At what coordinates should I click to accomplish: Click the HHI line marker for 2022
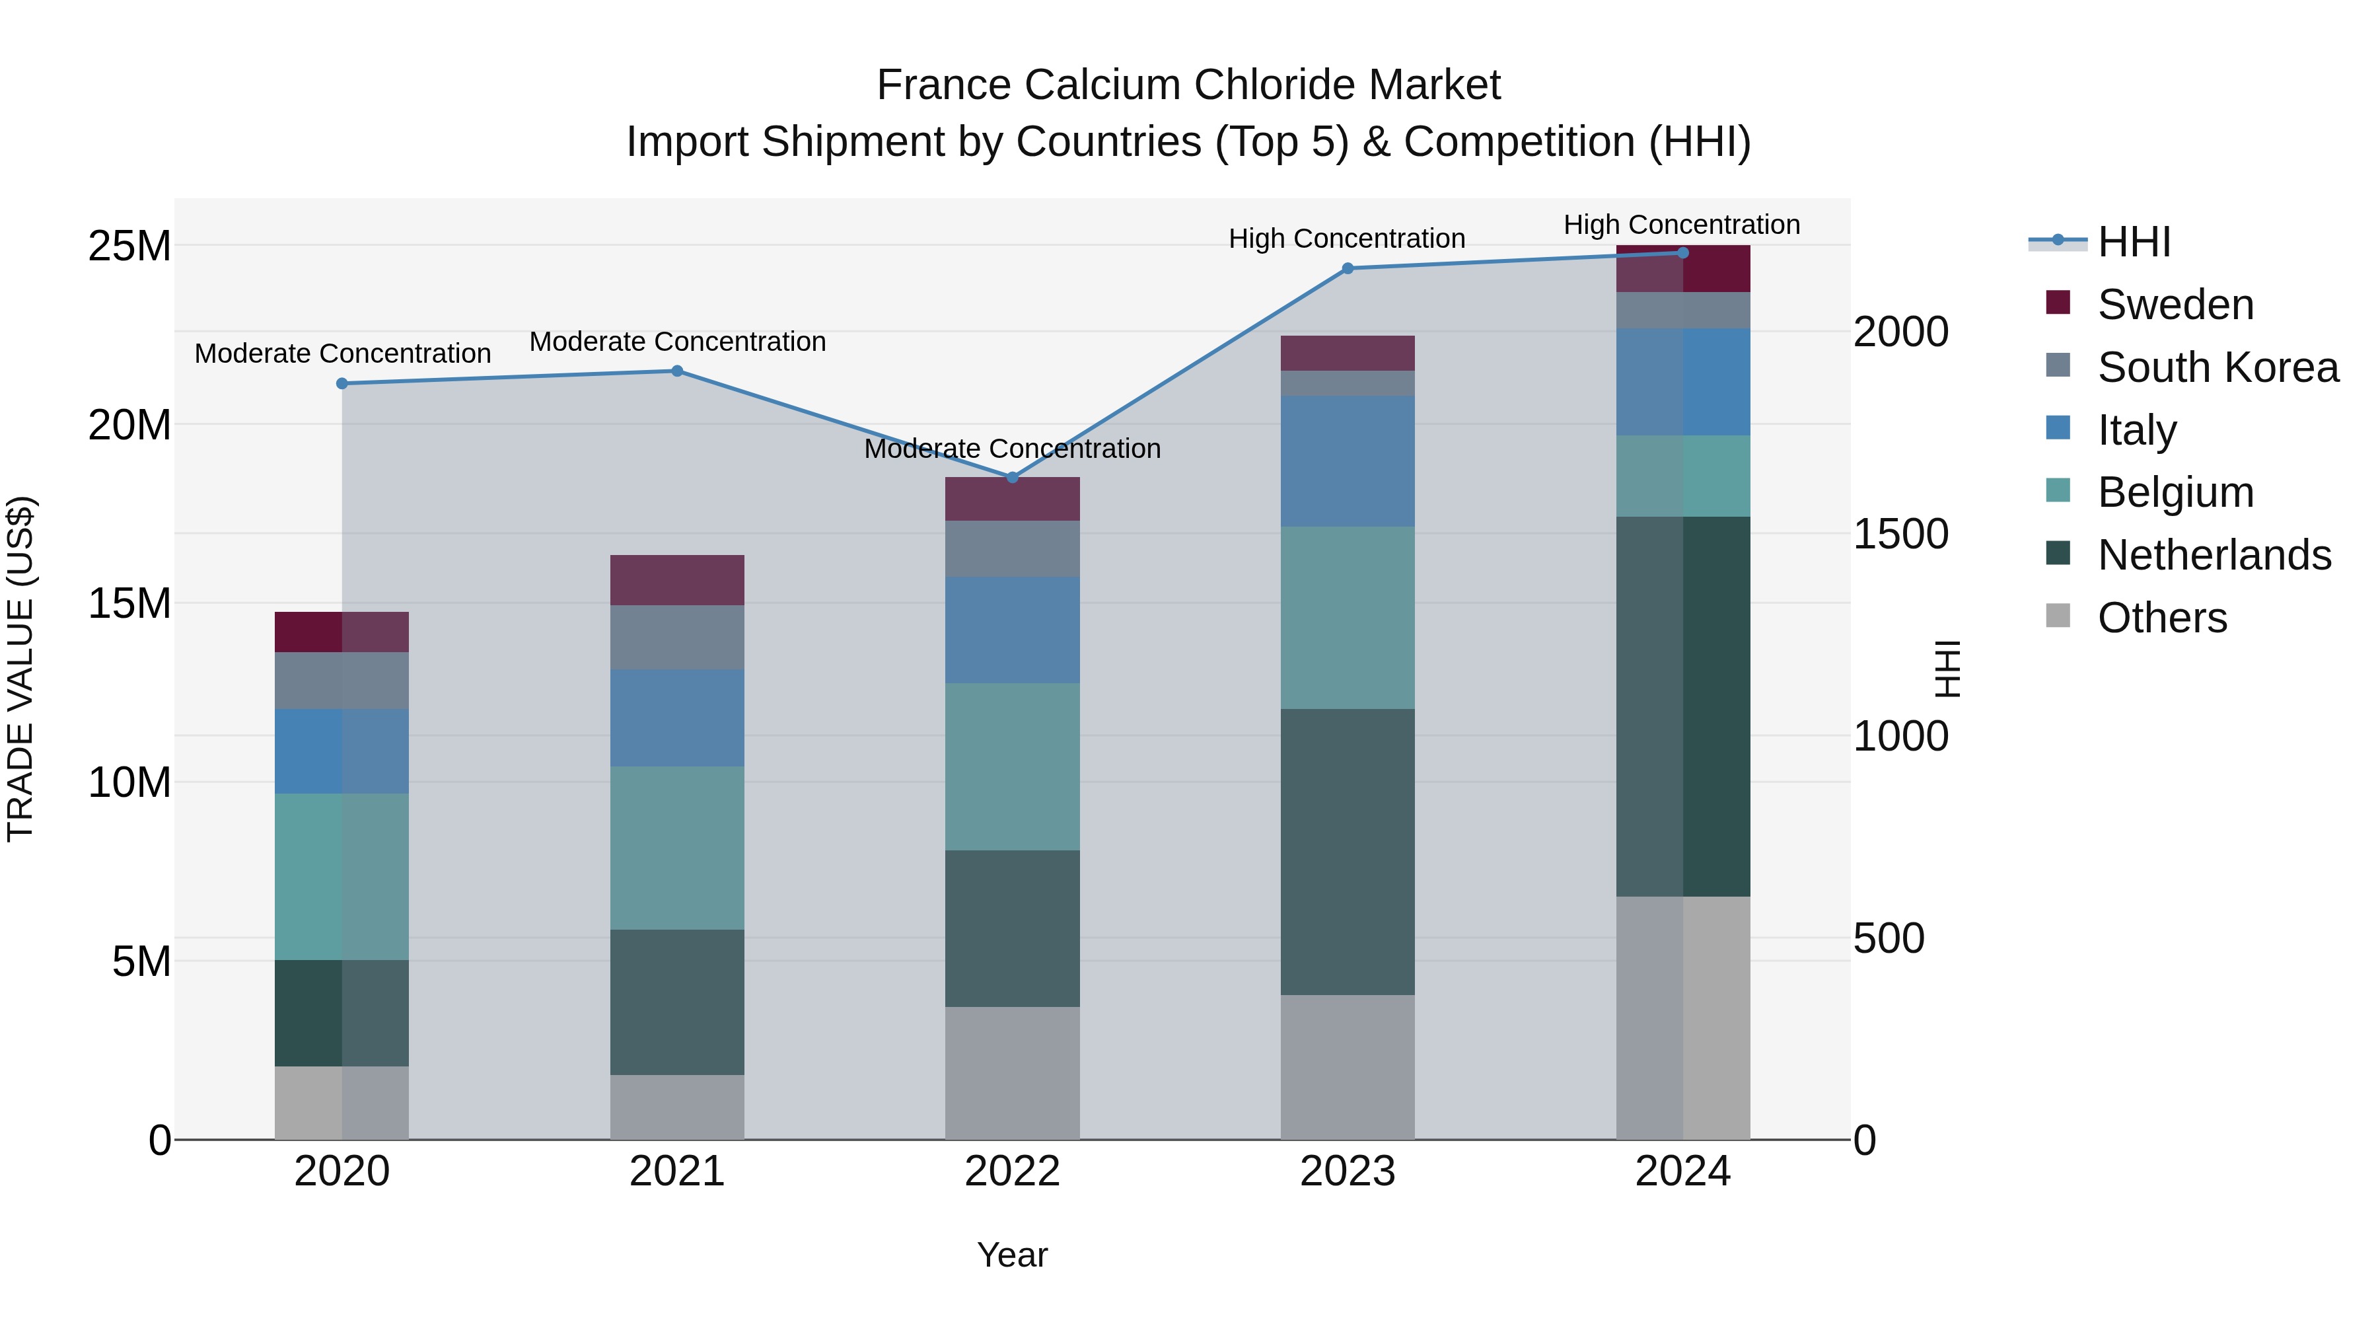tap(1012, 478)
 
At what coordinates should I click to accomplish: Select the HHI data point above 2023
tap(1347, 269)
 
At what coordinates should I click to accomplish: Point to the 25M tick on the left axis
tap(129, 246)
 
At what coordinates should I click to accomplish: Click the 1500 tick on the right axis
tap(1900, 535)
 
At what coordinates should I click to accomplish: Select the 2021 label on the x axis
tap(676, 1171)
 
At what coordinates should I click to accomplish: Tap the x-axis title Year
tap(1012, 1255)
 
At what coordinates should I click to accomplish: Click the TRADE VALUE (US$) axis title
tap(20, 669)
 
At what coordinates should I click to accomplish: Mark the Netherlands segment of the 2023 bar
tap(1347, 852)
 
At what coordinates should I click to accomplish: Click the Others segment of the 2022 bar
tap(1012, 1072)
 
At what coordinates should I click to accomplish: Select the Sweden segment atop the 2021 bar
tap(676, 580)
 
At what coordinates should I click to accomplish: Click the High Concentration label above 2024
tap(1681, 225)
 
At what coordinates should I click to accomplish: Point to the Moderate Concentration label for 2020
tap(342, 353)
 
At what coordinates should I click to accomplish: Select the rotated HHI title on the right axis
tap(1946, 669)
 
